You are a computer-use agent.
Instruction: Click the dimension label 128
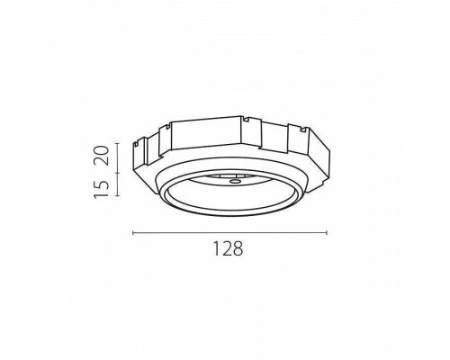[228, 248]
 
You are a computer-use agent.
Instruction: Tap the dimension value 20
[101, 155]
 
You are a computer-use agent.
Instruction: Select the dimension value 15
[101, 189]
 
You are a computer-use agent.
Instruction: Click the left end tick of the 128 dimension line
[133, 232]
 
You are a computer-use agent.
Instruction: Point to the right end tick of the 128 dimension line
[327, 232]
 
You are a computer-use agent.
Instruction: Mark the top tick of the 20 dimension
[118, 144]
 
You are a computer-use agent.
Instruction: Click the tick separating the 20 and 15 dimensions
[118, 173]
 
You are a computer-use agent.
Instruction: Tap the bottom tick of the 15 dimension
[118, 195]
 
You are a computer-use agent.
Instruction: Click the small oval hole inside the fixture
[234, 181]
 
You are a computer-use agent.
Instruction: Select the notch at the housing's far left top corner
[136, 145]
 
